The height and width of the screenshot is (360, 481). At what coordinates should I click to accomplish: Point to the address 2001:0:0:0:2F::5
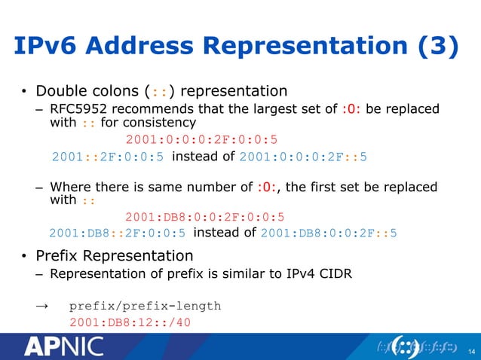[x=303, y=157]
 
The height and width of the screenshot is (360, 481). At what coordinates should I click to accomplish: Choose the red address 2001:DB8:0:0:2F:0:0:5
[x=204, y=217]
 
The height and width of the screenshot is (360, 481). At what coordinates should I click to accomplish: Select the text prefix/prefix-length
[x=145, y=307]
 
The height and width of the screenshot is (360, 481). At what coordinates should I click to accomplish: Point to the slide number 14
[x=471, y=350]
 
